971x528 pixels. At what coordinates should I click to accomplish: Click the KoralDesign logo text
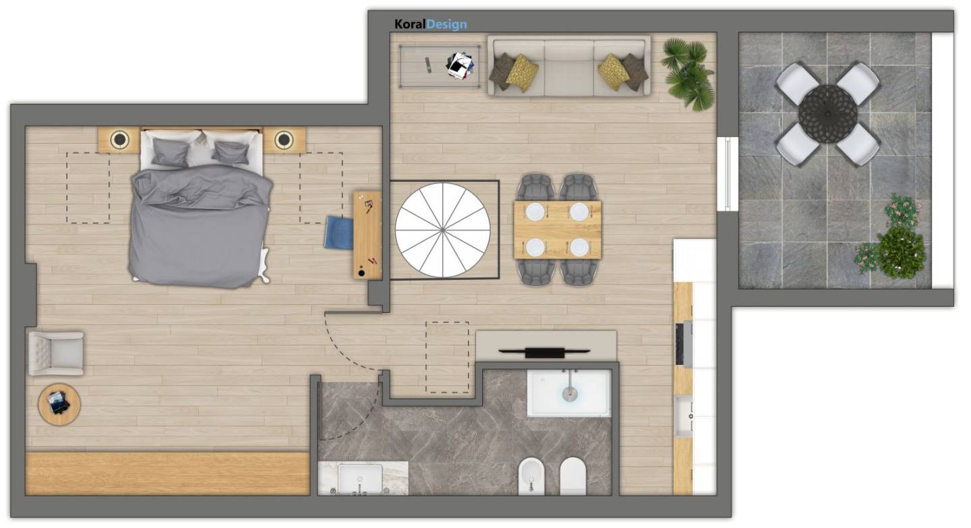[430, 24]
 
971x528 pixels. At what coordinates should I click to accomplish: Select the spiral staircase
[442, 230]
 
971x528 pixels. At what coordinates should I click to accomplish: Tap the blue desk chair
[339, 233]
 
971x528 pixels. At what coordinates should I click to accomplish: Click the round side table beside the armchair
[59, 404]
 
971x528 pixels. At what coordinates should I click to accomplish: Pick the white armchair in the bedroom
[56, 353]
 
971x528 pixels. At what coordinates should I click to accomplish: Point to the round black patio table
[827, 114]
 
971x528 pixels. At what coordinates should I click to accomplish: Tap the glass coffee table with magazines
[439, 66]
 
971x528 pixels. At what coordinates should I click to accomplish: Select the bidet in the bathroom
[531, 476]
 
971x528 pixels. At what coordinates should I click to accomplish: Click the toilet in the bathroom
[573, 476]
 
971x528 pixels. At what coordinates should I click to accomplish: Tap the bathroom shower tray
[569, 392]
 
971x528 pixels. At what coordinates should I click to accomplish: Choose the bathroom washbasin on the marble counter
[360, 479]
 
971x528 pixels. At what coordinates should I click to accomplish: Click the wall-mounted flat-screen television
[544, 352]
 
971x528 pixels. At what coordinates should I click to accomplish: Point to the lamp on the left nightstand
[119, 140]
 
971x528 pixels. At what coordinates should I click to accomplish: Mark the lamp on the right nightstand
[284, 140]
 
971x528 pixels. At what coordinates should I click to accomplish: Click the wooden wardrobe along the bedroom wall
[168, 473]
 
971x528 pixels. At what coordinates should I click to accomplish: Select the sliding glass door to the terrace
[728, 174]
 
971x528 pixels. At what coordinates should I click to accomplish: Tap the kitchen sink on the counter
[684, 416]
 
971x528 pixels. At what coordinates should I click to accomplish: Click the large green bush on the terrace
[901, 252]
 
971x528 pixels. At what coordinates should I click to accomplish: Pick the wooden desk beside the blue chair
[367, 235]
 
